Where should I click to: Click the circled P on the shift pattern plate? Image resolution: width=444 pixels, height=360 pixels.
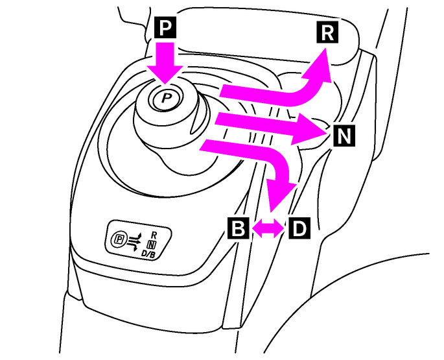[x=119, y=239]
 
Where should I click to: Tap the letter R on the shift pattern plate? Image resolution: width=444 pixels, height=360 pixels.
[x=153, y=234]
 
